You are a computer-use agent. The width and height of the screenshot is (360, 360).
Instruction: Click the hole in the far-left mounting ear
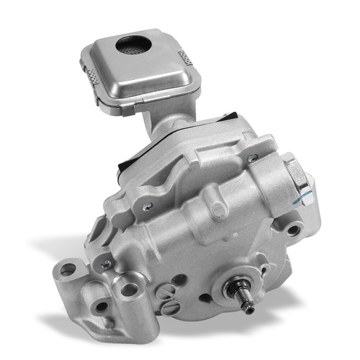(66, 269)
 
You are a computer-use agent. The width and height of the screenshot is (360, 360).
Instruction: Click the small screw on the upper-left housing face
(146, 206)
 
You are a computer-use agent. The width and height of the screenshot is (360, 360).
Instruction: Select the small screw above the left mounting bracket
(106, 263)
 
